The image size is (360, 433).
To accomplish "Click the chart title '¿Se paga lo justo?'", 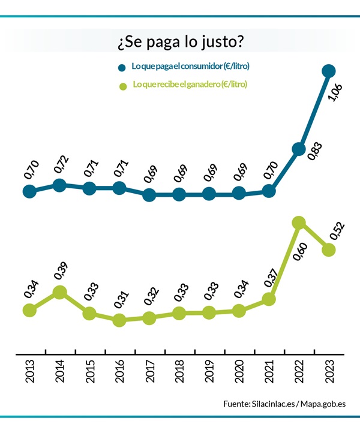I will pos(180,43).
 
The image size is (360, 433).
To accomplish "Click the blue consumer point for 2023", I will pos(328,71).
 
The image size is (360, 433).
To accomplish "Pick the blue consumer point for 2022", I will pos(298,149).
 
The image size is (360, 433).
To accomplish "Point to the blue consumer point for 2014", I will pos(59,185).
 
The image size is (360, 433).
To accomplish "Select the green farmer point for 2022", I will pos(299,222).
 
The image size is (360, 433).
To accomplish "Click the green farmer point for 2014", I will pos(59,292).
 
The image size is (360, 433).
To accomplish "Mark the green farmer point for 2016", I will pos(119,320).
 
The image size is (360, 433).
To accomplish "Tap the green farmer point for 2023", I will pos(328,249).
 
